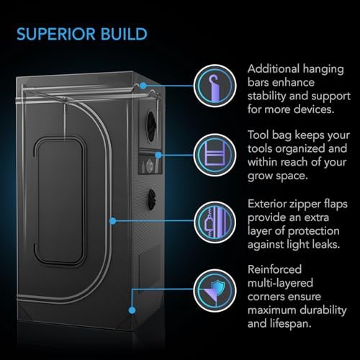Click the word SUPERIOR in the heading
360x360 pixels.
coord(56,34)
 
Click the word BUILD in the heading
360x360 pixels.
coord(124,34)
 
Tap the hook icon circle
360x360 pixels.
coord(215,86)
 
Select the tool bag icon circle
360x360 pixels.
coord(215,155)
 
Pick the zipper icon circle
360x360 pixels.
coord(215,222)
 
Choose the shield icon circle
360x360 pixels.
coord(215,291)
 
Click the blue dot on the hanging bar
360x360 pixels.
coord(143,86)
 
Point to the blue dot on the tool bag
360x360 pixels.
coord(158,155)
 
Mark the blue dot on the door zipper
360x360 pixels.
coord(113,221)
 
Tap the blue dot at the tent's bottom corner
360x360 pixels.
coord(132,310)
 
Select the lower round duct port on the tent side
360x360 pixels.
coord(152,199)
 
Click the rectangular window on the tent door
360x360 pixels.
coord(60,201)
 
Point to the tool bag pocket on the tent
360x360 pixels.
coord(149,163)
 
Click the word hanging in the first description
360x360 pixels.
coord(323,70)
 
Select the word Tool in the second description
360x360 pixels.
coord(258,135)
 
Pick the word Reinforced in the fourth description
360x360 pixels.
coord(274,269)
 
